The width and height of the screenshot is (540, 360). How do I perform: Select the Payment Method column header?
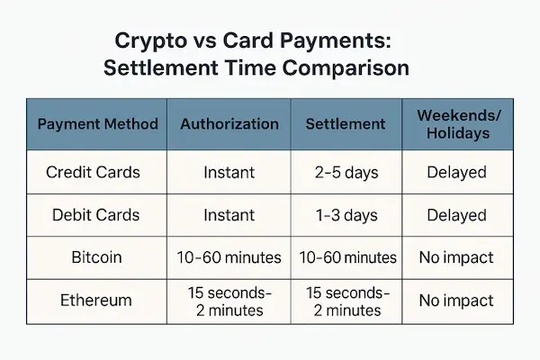pyautogui.click(x=98, y=124)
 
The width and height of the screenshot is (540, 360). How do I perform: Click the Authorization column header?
pyautogui.click(x=229, y=124)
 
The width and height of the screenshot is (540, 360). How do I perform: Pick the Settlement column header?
pyautogui.click(x=346, y=124)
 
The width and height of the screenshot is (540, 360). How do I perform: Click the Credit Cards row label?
pyautogui.click(x=95, y=172)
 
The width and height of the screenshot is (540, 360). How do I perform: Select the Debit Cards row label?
pyautogui.click(x=95, y=215)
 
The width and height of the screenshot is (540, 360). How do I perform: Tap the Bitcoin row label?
pyautogui.click(x=95, y=257)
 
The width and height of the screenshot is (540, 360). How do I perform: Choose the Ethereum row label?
pyautogui.click(x=95, y=301)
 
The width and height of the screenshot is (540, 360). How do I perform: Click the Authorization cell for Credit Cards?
pyautogui.click(x=229, y=172)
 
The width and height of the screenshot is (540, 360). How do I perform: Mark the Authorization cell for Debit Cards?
pyautogui.click(x=229, y=215)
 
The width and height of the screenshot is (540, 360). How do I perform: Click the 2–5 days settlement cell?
pyautogui.click(x=346, y=172)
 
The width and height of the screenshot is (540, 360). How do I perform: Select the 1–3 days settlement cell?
pyautogui.click(x=346, y=215)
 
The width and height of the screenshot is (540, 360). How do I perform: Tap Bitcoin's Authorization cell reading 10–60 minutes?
pyautogui.click(x=229, y=257)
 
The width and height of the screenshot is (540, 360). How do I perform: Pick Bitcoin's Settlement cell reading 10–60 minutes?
pyautogui.click(x=346, y=257)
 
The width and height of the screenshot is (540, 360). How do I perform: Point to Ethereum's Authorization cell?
pyautogui.click(x=229, y=301)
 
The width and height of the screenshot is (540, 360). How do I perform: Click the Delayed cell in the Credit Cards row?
pyautogui.click(x=455, y=172)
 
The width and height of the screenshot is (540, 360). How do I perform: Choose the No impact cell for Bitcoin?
pyautogui.click(x=455, y=257)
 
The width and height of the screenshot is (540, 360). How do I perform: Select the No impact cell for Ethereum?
pyautogui.click(x=455, y=301)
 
